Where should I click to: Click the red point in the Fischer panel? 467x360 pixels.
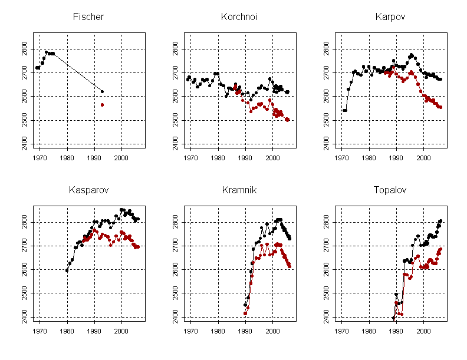coord(102,105)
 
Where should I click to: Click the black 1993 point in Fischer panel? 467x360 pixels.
coord(102,91)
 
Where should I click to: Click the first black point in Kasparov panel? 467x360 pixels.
coord(67,270)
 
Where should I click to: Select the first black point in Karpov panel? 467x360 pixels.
coord(344,110)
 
